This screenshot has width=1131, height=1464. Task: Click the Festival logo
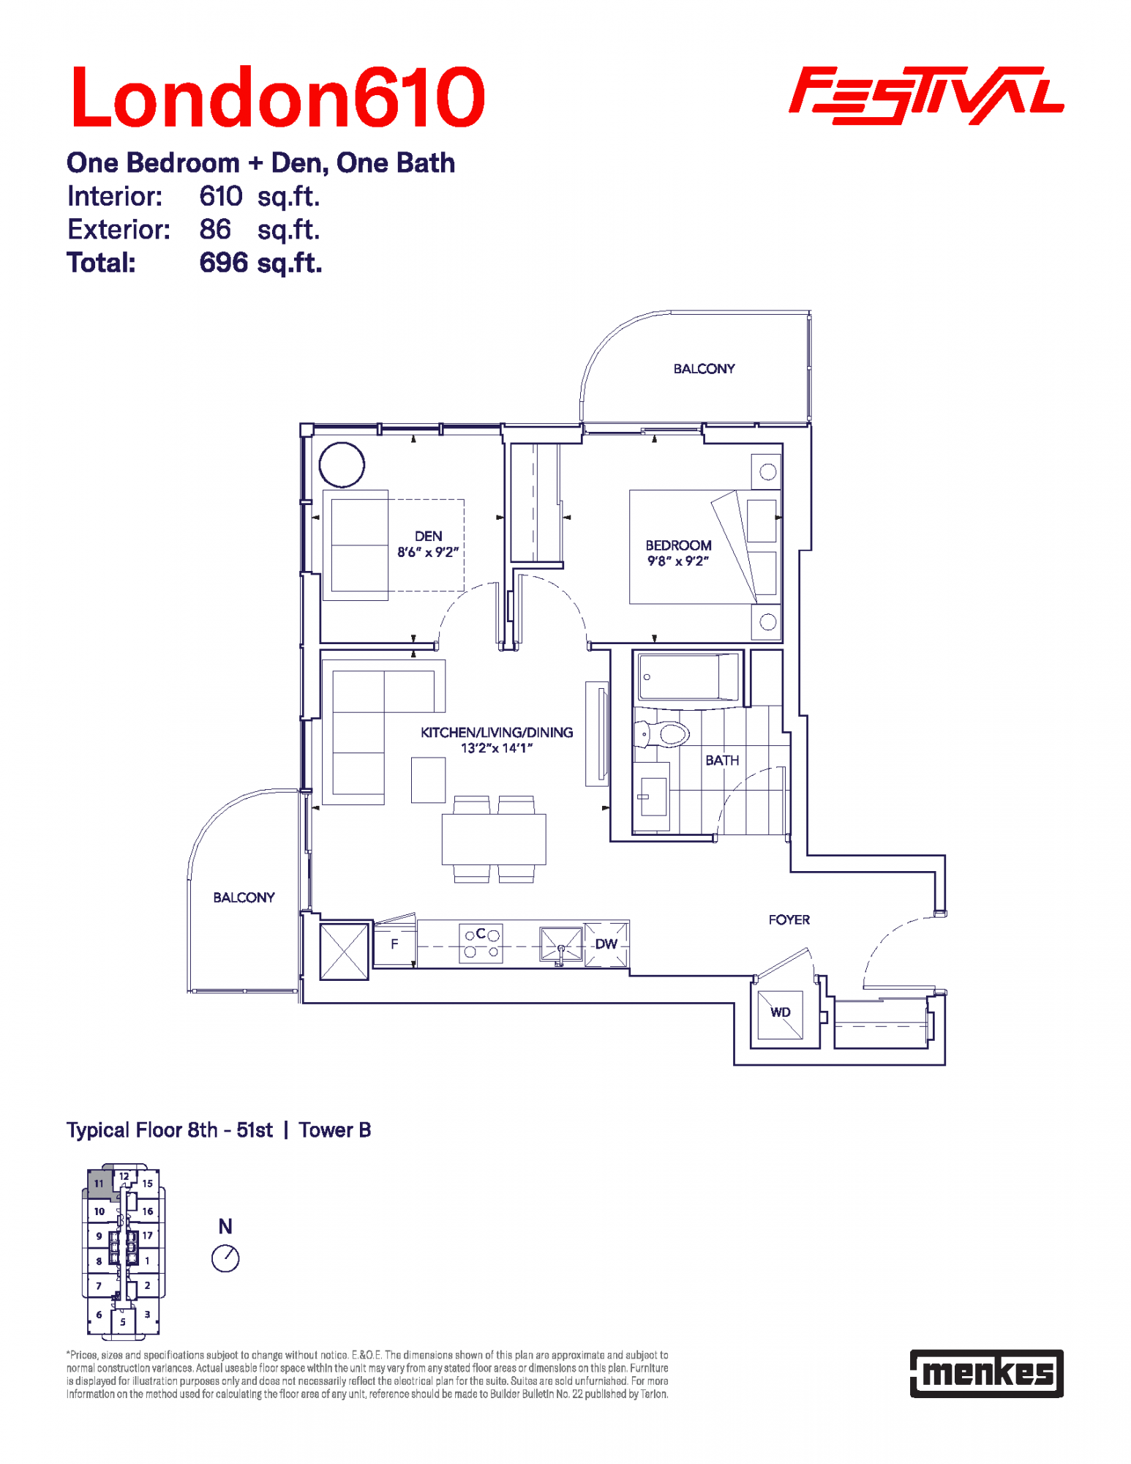click(926, 95)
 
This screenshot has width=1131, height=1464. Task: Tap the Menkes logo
click(986, 1373)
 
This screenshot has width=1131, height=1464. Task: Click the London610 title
click(277, 97)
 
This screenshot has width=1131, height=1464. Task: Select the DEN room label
click(428, 536)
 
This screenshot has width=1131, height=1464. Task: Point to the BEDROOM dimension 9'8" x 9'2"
click(678, 561)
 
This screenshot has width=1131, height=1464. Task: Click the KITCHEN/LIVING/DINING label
click(497, 732)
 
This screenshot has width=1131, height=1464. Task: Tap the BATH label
click(722, 761)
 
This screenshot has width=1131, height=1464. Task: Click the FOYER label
click(789, 919)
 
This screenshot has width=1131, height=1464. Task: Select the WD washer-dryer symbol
click(780, 1014)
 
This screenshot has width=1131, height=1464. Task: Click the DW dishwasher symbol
click(606, 944)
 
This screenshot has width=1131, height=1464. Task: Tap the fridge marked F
click(394, 944)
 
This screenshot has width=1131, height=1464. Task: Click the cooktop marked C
click(481, 943)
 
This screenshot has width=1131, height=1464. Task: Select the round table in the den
click(342, 465)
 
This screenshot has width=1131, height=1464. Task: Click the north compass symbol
click(225, 1258)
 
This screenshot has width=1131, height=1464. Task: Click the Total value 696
click(224, 263)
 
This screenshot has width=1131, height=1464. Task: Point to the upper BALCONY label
click(704, 369)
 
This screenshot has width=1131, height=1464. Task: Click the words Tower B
click(334, 1130)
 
